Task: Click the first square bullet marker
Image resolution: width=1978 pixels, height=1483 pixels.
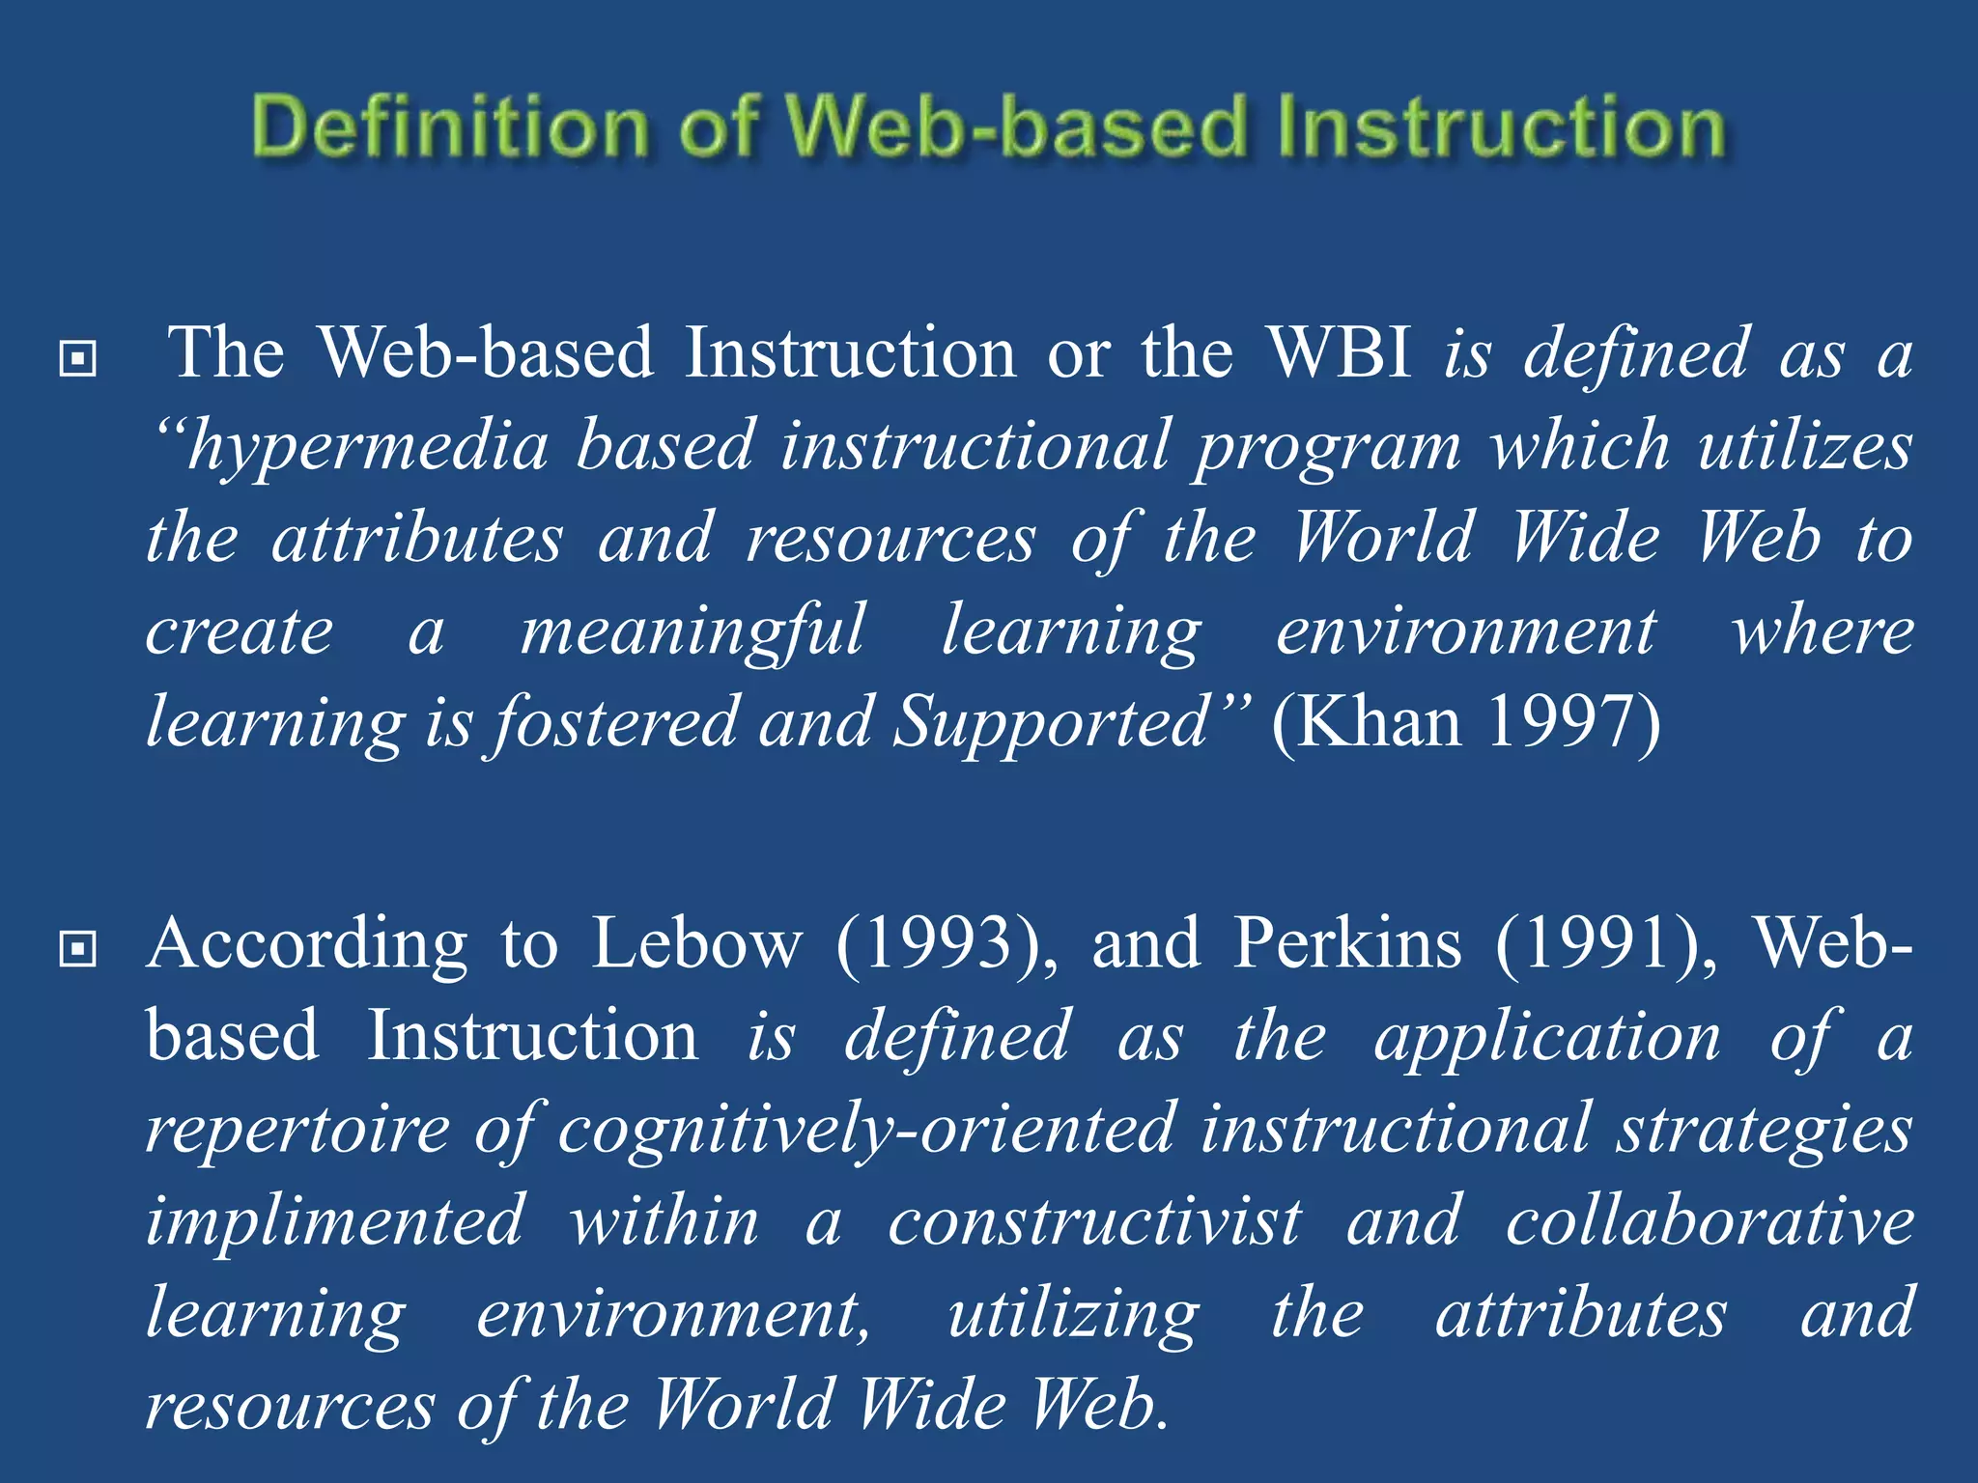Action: click(77, 359)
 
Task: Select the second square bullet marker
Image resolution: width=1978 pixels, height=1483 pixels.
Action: click(77, 949)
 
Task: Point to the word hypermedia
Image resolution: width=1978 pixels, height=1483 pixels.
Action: click(367, 447)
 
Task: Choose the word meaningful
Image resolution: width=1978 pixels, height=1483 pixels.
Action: click(692, 632)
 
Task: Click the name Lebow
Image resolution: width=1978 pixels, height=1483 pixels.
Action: click(696, 943)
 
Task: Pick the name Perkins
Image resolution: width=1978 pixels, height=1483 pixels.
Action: click(1348, 943)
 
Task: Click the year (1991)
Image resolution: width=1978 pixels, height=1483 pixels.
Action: click(1606, 943)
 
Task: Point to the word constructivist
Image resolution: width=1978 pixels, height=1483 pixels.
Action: click(1094, 1221)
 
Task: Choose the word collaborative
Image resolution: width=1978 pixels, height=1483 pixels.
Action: click(1710, 1221)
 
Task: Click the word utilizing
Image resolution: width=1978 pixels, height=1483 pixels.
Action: click(1073, 1315)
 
